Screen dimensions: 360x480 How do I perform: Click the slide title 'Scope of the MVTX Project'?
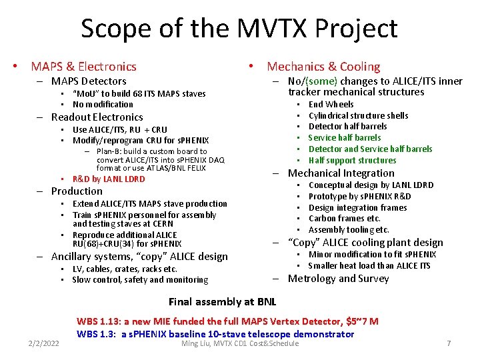[x=239, y=29]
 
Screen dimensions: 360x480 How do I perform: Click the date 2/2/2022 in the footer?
[x=43, y=343]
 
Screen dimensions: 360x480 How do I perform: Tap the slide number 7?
[x=449, y=343]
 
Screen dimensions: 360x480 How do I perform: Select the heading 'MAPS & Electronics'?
[x=83, y=66]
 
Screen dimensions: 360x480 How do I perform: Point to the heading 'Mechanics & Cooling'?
[x=323, y=66]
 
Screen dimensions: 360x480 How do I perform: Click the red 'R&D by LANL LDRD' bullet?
[x=109, y=179]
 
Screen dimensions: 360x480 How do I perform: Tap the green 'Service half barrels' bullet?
[x=345, y=137]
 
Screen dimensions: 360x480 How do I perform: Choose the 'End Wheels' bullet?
[x=331, y=104]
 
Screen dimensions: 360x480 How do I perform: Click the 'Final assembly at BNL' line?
[x=222, y=302]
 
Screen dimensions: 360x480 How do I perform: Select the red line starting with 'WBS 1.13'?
[x=227, y=321]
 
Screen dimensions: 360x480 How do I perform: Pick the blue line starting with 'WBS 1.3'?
[x=215, y=333]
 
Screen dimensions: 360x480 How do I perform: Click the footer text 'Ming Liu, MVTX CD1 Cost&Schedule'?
[x=240, y=343]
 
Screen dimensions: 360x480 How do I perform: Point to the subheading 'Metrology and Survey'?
[x=338, y=278]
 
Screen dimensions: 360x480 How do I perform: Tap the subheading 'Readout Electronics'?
[x=97, y=117]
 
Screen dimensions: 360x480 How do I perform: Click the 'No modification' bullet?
[x=103, y=104]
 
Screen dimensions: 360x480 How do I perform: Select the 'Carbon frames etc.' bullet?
[x=345, y=219]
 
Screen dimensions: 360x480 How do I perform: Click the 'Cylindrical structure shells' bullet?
[x=359, y=115]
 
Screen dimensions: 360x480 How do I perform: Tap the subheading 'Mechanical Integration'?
[x=341, y=173]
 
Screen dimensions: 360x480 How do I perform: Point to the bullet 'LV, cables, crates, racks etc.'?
[x=125, y=269]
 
